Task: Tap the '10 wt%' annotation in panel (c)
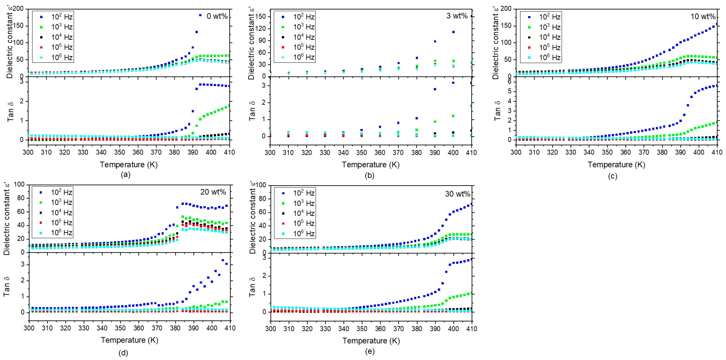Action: click(703, 16)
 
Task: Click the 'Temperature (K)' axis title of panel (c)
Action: click(616, 165)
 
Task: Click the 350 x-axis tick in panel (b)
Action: click(362, 152)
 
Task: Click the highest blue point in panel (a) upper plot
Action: click(200, 15)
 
